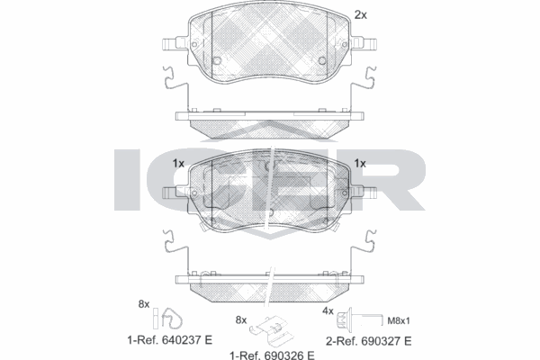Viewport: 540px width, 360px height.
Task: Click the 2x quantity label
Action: click(x=361, y=14)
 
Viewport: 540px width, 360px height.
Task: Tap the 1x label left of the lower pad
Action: click(x=177, y=164)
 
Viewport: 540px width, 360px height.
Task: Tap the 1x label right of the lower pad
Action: click(x=361, y=164)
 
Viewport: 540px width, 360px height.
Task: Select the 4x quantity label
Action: click(x=328, y=311)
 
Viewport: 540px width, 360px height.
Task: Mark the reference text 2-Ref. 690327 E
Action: click(x=368, y=342)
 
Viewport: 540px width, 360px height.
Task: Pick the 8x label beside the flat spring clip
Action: click(x=240, y=319)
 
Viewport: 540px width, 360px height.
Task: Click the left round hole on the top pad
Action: click(x=217, y=61)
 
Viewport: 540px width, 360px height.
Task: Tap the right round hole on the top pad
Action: click(x=321, y=61)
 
